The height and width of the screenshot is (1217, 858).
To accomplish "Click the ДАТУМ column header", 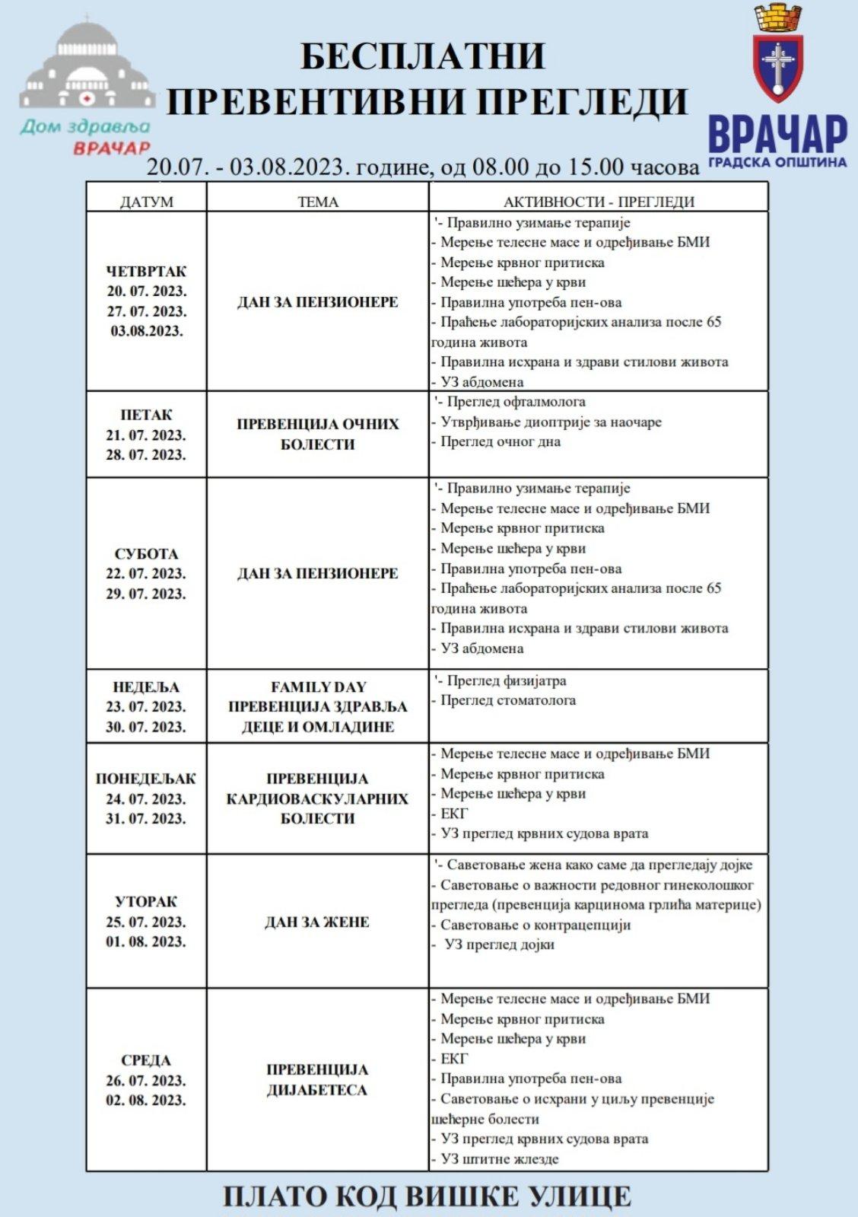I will pyautogui.click(x=146, y=202).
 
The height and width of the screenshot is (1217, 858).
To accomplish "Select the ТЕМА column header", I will pyautogui.click(x=318, y=202).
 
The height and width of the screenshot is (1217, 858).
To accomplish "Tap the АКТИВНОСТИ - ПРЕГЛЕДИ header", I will pyautogui.click(x=599, y=202).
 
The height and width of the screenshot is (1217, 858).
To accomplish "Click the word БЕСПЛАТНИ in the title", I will pyautogui.click(x=423, y=56).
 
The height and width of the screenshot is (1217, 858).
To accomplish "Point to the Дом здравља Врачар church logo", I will pyautogui.click(x=84, y=84).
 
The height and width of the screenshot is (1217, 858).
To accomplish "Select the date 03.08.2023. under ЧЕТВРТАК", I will pyautogui.click(x=146, y=331).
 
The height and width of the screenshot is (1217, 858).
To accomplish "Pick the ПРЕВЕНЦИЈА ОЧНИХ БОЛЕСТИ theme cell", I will pyautogui.click(x=317, y=434).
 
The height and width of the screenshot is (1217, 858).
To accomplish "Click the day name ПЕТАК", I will pyautogui.click(x=146, y=415).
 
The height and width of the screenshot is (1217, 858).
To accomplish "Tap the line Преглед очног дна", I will pyautogui.click(x=500, y=441).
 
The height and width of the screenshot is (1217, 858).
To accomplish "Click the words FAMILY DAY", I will pyautogui.click(x=318, y=687).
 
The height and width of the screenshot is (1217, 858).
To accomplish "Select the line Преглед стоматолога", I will pyautogui.click(x=507, y=700).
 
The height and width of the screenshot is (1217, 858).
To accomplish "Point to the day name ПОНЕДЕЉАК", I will pyautogui.click(x=146, y=779).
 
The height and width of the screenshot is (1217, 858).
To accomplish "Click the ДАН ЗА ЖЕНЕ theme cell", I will pyautogui.click(x=317, y=922).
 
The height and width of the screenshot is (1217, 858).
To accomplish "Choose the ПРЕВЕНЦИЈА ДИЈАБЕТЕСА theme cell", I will pyautogui.click(x=317, y=1079).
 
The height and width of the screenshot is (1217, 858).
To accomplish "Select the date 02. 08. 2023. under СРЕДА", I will pyautogui.click(x=146, y=1100).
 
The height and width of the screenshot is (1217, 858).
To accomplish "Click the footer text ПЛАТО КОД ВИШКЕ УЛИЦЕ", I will pyautogui.click(x=427, y=1196).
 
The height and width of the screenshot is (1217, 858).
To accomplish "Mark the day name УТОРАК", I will pyautogui.click(x=146, y=902).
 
